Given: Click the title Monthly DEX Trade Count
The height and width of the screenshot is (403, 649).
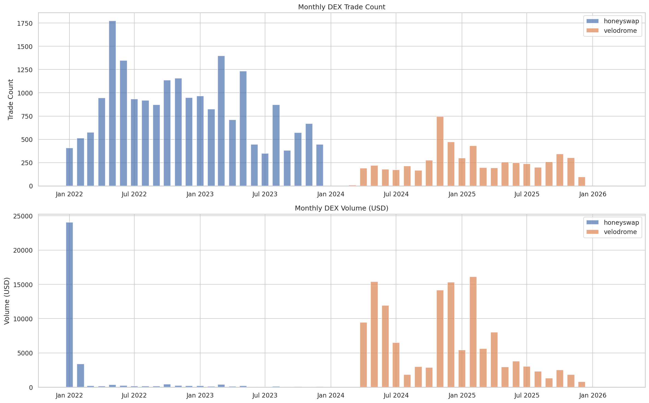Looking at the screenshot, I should click(341, 7).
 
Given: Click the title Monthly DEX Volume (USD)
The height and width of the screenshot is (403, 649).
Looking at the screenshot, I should click(341, 208).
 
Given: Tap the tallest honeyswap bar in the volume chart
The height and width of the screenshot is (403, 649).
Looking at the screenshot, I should click(69, 305).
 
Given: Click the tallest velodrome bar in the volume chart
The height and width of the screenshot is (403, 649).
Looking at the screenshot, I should click(473, 332).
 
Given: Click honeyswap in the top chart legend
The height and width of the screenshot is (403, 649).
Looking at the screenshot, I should click(621, 21).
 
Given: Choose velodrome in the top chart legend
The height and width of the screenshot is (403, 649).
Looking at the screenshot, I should click(620, 31).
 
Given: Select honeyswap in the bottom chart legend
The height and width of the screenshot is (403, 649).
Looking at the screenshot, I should click(621, 223).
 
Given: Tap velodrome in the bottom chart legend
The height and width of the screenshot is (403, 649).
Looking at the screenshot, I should click(620, 232).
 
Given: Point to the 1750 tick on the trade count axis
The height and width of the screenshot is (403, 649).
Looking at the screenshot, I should click(25, 24).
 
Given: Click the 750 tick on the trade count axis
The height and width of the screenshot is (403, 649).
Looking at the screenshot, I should click(27, 116).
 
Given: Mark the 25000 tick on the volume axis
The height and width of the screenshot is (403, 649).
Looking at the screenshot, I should click(23, 216).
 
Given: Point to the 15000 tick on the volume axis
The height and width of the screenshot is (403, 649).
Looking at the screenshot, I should click(23, 285).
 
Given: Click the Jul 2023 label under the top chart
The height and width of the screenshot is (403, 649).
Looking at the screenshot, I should click(265, 194).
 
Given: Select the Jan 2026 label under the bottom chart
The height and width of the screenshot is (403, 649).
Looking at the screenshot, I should click(592, 395).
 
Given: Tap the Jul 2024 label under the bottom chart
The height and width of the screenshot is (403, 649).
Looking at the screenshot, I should click(396, 395).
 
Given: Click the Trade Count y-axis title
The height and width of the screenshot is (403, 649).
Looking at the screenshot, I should click(10, 99).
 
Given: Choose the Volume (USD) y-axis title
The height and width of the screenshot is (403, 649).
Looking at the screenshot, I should click(7, 301).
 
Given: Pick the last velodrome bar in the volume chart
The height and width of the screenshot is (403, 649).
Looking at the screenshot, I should click(581, 384).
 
